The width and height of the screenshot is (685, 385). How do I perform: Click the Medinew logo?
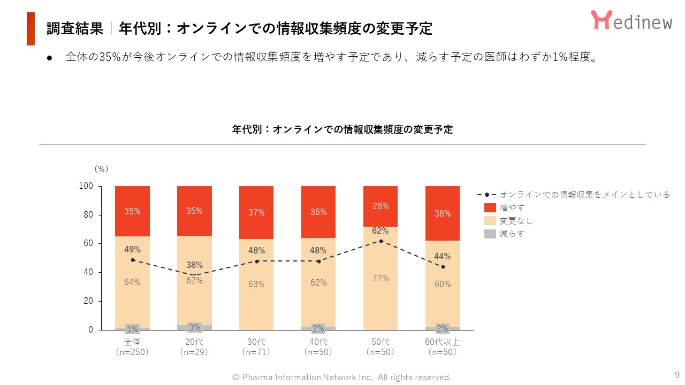[x=631, y=20]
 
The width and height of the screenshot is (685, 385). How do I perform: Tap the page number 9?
[x=676, y=374]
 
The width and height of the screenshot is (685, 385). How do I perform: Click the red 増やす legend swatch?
[x=490, y=207]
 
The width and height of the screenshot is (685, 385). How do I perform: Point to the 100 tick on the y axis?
[x=86, y=186]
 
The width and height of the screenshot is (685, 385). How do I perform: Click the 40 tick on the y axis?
[x=88, y=272]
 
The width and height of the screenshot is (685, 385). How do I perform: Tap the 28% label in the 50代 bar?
[x=380, y=206]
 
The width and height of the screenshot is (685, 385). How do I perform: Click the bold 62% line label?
[x=380, y=231]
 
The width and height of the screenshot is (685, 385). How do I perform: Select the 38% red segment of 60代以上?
[x=443, y=213]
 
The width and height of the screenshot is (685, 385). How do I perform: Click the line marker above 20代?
[x=194, y=275]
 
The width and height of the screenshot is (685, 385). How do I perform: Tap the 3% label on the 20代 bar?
[x=194, y=327]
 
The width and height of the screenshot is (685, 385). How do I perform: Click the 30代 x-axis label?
[x=256, y=342]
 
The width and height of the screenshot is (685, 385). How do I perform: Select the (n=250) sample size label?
[x=132, y=352]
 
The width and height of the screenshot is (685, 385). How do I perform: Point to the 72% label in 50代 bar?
[x=380, y=278]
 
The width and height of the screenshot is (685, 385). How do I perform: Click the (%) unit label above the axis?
[x=101, y=169]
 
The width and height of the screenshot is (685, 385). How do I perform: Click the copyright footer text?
[x=341, y=377]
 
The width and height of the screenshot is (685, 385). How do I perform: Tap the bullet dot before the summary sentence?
[x=50, y=58]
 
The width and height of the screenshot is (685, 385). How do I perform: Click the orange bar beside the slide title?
[x=31, y=29]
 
